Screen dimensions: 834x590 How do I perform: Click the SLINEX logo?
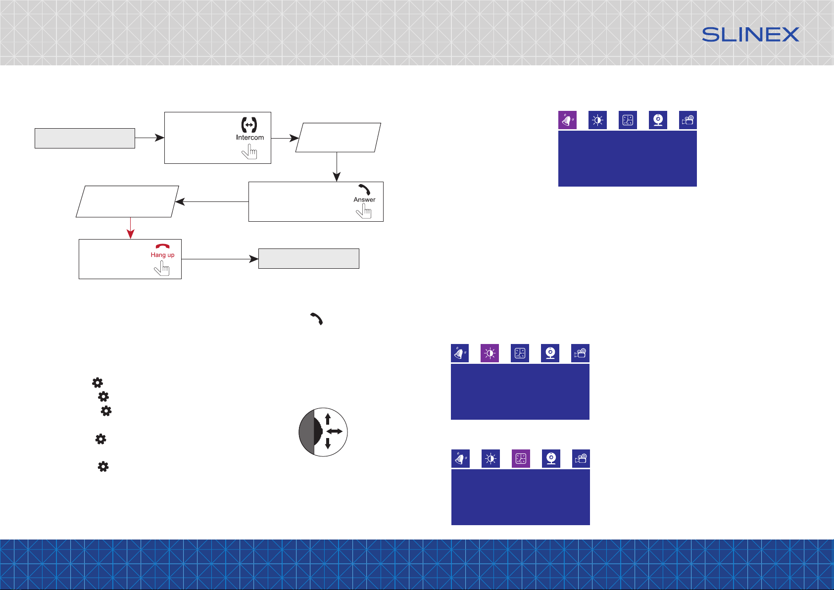coord(750,35)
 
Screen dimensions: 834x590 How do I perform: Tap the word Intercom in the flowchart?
coord(250,138)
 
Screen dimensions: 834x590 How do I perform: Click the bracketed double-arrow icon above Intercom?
coord(249,125)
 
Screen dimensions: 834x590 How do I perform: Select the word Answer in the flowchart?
coord(364,199)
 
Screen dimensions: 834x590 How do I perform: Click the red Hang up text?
coord(162,255)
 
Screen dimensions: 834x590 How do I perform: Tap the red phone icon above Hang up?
coord(163,246)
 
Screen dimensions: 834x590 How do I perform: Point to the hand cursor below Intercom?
coord(249,151)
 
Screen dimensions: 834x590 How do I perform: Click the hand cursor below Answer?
coord(364,211)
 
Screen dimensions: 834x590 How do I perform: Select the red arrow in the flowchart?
coord(130,228)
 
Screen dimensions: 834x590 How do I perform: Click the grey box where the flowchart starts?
coord(85,139)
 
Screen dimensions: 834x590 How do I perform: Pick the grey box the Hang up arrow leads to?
coord(309,259)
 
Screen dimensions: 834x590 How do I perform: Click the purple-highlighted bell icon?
coord(567,120)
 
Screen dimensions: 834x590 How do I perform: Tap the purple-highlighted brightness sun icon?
coord(490,353)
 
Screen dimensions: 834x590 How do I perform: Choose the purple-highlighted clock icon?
coord(521,459)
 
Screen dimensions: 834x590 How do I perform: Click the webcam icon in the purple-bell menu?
coord(658,120)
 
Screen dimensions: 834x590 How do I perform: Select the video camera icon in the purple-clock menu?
coord(581,459)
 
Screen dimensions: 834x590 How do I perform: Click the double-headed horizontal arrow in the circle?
coord(335,432)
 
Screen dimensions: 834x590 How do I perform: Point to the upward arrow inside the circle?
coord(328,419)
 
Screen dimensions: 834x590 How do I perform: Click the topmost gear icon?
coord(98,383)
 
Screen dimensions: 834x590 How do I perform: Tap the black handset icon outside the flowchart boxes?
coord(317,319)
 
